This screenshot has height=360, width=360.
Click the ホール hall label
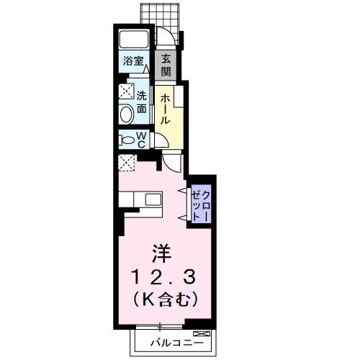coord(165,109)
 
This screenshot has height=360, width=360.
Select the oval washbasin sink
coord(126,114)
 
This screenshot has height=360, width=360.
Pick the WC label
coord(141,139)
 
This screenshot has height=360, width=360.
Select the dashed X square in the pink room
coord(126,163)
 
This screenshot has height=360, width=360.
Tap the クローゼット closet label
coord(201,203)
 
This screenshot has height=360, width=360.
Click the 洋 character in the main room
coord(161,253)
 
